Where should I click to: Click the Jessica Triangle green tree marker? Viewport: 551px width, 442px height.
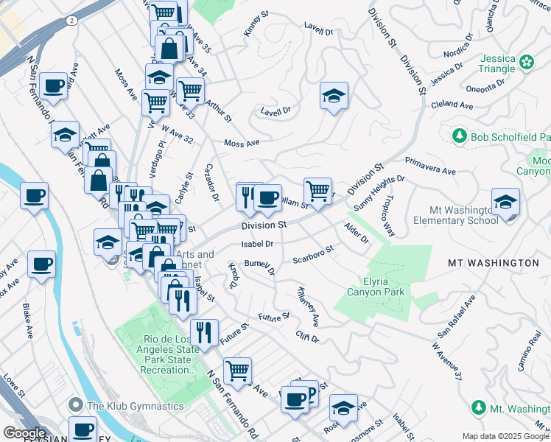[x=527, y=62]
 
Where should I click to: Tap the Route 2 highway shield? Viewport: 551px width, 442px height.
[x=70, y=21]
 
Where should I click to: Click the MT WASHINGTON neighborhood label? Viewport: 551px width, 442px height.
[x=494, y=262]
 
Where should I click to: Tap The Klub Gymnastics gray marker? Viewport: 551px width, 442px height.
[x=76, y=406]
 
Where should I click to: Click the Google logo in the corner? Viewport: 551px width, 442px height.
[x=24, y=433]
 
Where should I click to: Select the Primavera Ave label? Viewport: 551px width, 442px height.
[x=430, y=164]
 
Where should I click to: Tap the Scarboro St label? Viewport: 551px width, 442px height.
[x=313, y=254]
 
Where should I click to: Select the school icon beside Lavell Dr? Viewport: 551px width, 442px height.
[x=334, y=96]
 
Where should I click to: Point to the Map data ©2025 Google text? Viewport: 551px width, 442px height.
[x=505, y=436]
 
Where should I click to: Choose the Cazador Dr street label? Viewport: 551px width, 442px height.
[x=211, y=183]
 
